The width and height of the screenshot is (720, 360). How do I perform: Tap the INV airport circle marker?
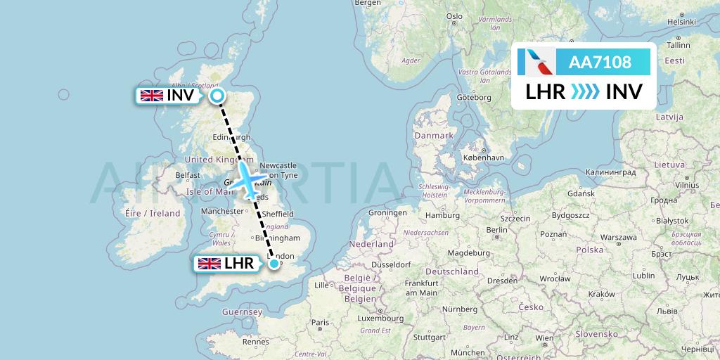tap(217, 96)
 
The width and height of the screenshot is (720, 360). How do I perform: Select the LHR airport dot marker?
tap(274, 264)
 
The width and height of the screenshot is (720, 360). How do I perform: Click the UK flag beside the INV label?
tap(151, 96)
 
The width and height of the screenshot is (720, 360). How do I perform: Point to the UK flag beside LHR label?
tap(209, 264)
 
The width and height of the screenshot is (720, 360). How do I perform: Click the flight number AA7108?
tap(600, 62)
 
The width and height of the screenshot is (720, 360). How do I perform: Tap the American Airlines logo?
tap(536, 62)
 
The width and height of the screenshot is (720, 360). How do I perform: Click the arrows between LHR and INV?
tap(585, 91)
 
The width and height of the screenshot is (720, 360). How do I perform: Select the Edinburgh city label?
tap(231, 137)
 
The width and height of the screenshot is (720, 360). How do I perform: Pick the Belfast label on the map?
tap(188, 175)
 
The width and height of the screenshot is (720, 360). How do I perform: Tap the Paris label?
tap(321, 323)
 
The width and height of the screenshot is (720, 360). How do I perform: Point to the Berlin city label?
tap(496, 229)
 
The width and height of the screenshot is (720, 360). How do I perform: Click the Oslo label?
tap(454, 16)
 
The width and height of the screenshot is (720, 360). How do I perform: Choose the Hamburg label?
tap(442, 215)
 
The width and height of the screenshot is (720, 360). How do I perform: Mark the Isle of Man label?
tap(209, 191)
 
